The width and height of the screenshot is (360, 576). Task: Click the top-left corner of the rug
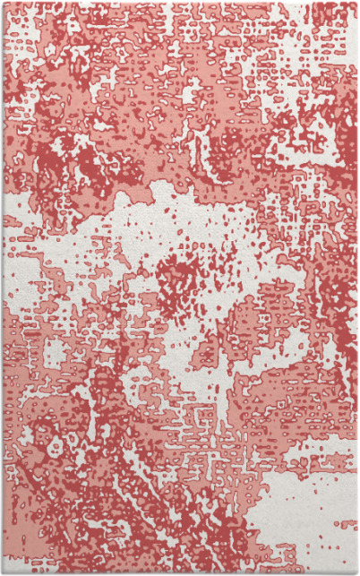[3, 3]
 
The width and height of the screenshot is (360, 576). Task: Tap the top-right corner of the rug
[356, 3]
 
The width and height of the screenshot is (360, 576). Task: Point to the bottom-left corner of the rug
[3, 572]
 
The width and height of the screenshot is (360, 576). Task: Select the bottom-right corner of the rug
[356, 572]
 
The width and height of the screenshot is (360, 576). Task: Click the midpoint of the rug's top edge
[179, 3]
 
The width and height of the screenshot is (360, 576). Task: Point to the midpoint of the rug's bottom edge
[179, 572]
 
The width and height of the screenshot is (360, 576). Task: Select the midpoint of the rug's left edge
[3, 288]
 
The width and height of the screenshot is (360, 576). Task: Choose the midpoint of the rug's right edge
[356, 288]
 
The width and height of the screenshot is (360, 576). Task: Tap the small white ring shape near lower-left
[56, 445]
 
